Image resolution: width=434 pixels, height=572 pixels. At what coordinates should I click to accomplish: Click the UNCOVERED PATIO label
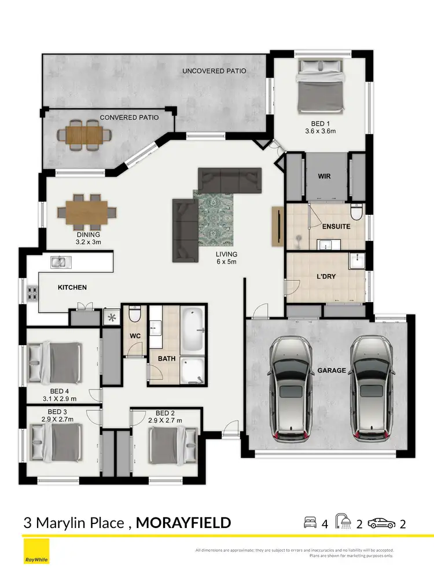tap(214, 71)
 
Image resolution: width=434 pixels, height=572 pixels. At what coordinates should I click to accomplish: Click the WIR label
tap(324, 176)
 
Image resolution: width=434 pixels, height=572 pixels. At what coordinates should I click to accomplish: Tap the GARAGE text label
tap(331, 371)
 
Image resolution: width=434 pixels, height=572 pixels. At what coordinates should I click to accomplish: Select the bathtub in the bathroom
tap(193, 330)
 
